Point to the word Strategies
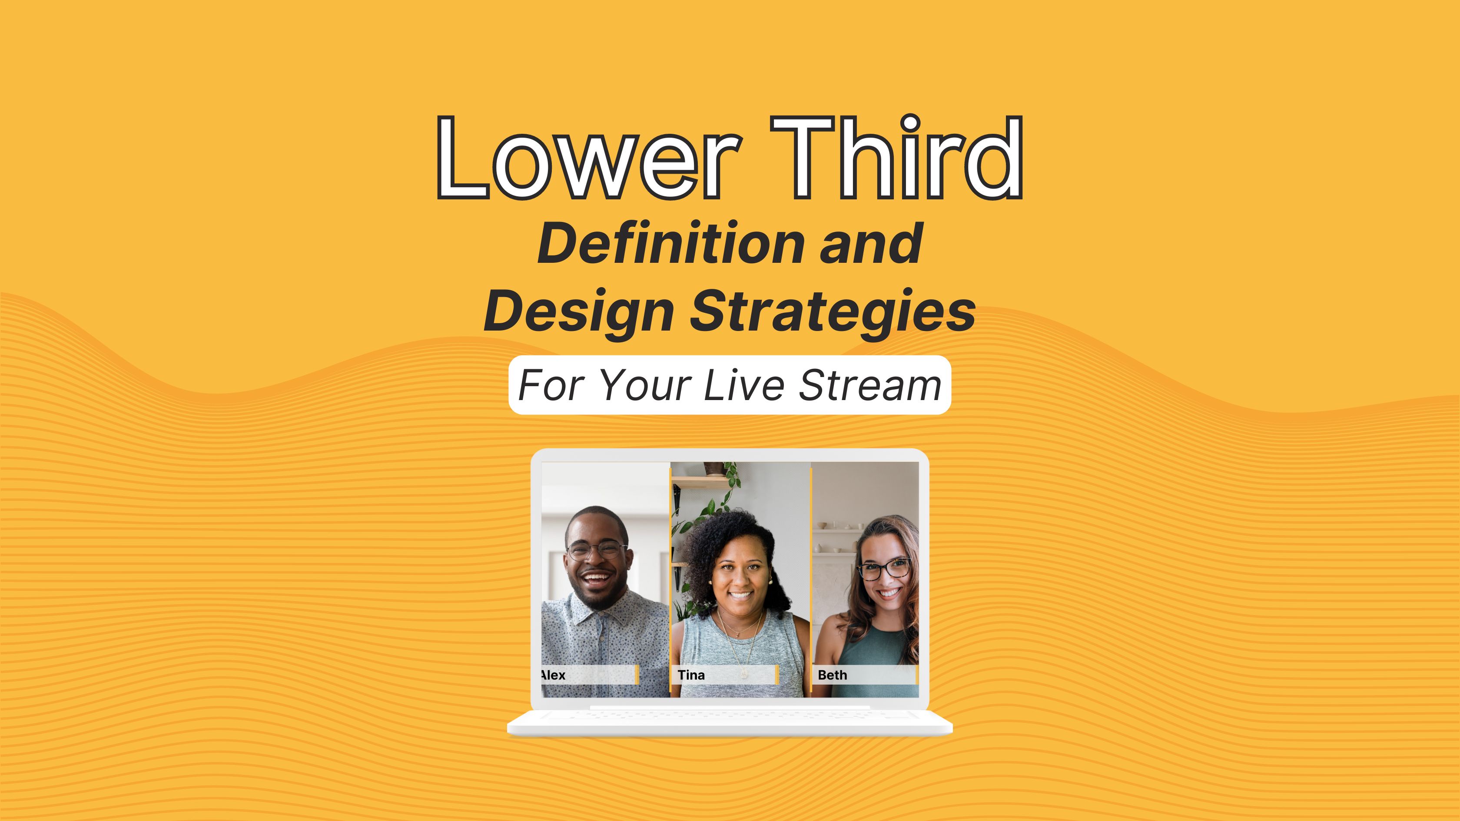832,311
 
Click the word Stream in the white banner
870,385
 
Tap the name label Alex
553,675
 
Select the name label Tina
691,675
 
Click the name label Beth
832,675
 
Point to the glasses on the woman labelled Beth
884,568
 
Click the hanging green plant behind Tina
708,504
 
